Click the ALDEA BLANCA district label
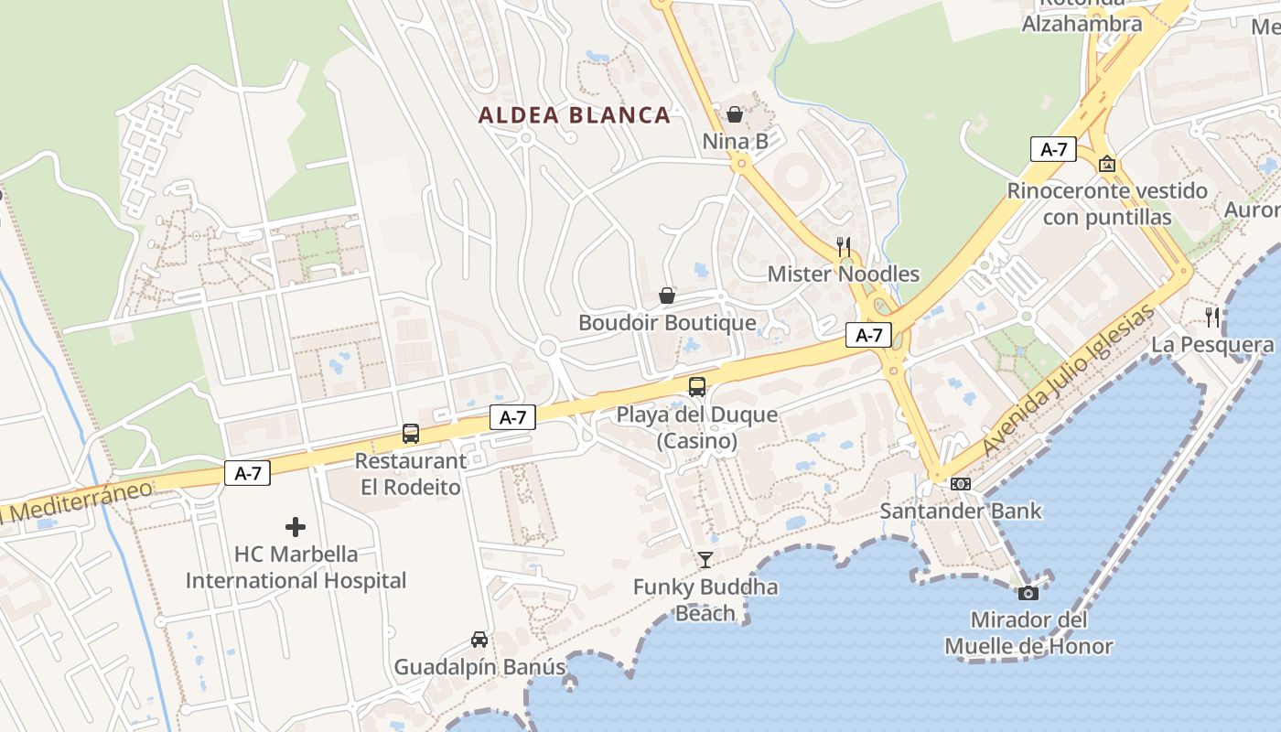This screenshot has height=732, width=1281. [575, 115]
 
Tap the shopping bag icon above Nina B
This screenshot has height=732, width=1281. [734, 114]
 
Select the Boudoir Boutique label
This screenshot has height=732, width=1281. [667, 323]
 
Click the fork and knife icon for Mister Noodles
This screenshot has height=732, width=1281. [844, 246]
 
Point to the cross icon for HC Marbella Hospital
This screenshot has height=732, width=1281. [296, 527]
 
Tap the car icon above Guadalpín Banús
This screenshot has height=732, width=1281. [479, 639]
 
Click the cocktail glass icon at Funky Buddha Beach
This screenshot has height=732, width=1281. [705, 559]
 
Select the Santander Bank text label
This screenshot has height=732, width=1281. [960, 511]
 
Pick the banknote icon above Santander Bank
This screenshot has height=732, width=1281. [960, 483]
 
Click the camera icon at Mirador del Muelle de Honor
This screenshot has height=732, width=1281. [1028, 593]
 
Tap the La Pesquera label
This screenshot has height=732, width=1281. [1211, 345]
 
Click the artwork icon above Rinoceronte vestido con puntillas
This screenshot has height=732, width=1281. [1107, 164]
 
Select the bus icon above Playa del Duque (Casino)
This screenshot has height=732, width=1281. [697, 386]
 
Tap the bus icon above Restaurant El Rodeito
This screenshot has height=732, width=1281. [411, 434]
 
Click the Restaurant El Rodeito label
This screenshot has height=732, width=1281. [410, 474]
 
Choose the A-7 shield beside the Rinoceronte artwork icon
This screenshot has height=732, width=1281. [1053, 149]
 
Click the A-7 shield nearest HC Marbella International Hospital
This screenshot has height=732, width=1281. [247, 473]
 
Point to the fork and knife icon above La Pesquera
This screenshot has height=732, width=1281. [1211, 318]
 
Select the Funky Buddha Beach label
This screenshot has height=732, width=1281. [705, 600]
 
